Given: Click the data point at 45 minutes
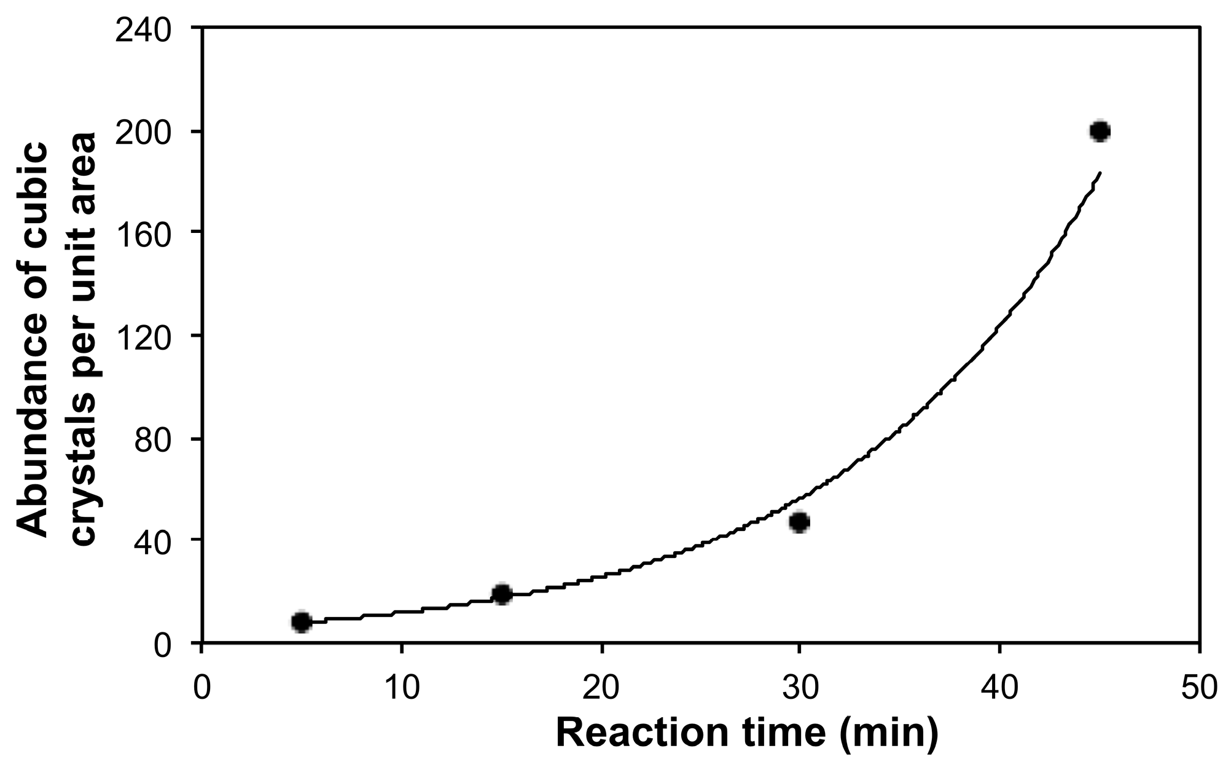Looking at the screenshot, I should tap(1100, 131).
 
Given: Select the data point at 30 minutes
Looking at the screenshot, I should tap(799, 522).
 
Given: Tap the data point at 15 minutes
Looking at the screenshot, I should tap(502, 594).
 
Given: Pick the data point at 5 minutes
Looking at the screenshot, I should tap(301, 622).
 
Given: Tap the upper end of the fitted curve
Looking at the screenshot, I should tap(1100, 173).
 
